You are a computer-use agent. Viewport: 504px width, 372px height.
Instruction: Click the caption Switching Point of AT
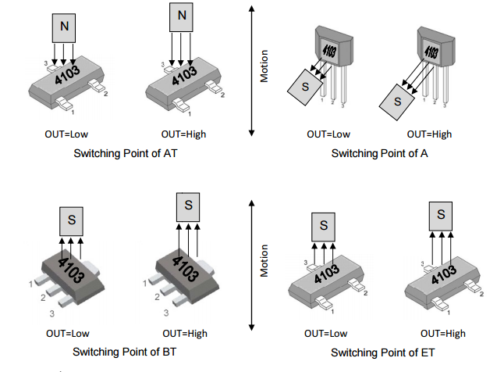(125, 153)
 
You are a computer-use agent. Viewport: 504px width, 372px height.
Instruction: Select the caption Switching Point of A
(380, 153)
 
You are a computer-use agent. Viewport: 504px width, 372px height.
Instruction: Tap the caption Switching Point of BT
(125, 352)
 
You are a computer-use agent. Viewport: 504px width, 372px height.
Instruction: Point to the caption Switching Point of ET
(381, 353)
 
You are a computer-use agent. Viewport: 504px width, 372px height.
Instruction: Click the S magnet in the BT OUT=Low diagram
(71, 220)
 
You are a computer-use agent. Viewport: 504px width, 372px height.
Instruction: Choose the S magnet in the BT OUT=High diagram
(187, 206)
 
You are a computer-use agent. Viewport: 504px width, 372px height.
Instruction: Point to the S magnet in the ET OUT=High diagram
(442, 214)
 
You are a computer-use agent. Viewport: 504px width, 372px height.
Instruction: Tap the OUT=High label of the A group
(429, 134)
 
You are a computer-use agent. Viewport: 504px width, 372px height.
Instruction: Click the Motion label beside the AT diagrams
(264, 67)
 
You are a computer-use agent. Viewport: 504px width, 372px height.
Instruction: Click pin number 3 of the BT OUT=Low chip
(52, 313)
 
